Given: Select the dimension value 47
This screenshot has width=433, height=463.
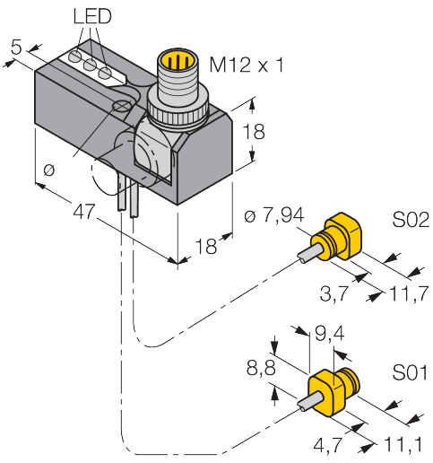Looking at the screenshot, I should pyautogui.click(x=85, y=213).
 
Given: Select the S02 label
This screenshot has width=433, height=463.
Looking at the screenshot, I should pyautogui.click(x=411, y=219).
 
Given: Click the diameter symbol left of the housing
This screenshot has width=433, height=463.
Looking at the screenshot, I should pyautogui.click(x=48, y=167).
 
